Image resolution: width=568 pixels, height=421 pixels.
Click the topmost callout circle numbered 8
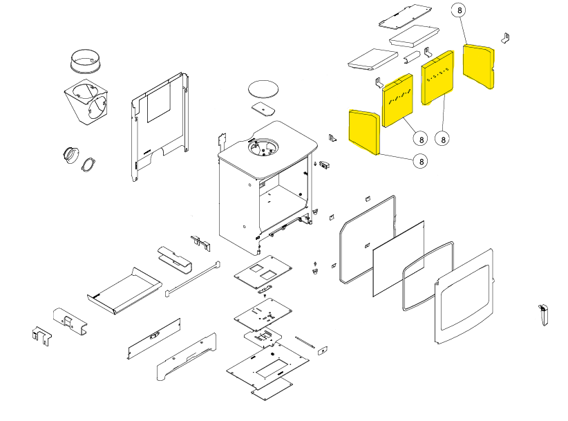point(460,10)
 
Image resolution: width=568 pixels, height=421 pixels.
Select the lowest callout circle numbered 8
point(421,161)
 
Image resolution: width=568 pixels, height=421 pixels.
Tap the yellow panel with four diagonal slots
point(398,100)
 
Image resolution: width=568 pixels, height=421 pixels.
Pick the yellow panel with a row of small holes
point(437,77)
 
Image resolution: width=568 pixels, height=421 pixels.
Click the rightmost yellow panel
point(479,66)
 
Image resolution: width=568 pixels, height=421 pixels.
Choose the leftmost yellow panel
point(364,132)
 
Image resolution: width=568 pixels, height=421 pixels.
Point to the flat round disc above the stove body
point(263,89)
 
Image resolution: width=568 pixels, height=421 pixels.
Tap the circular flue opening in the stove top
point(263,147)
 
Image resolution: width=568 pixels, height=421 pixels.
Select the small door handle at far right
point(543,315)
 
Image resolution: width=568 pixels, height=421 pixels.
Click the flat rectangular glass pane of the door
point(399,259)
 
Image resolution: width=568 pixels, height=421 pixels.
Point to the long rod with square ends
point(193,279)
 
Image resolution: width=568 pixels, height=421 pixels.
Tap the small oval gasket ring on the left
point(88,165)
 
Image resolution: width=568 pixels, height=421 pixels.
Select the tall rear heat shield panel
point(160,127)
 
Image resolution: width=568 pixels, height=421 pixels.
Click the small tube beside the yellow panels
point(413,57)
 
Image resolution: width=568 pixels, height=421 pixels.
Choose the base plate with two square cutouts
point(263,272)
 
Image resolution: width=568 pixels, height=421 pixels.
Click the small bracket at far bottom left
point(41,337)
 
